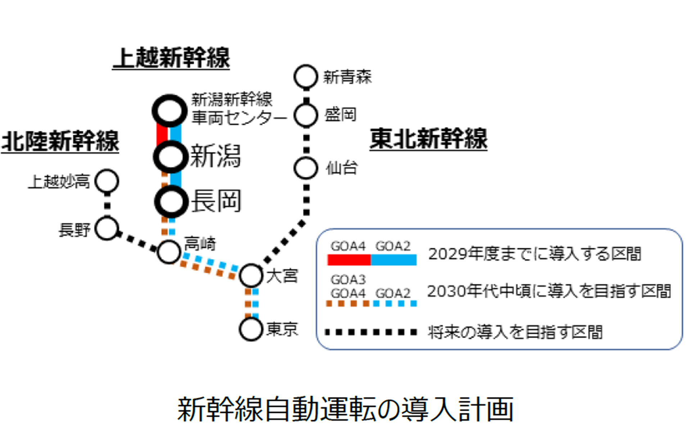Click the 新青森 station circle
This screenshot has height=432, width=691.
pos(306,77)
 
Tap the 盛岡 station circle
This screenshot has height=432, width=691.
pos(306,115)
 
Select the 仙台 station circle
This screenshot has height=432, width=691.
pos(306,168)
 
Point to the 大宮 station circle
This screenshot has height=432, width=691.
pos(251,276)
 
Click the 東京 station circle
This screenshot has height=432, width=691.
pos(251,329)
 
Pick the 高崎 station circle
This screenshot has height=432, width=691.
pos(169,251)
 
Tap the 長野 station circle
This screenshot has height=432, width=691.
pos(107,228)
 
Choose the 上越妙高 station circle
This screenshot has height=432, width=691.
pos(107,181)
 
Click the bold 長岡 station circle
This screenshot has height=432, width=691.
pos(172,201)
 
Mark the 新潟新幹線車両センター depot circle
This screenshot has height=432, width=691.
pos(169,111)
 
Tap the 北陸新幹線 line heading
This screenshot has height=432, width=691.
pos(60,141)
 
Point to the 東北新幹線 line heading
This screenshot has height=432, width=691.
pos(428,139)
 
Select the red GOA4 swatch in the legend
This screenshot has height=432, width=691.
pos(349,260)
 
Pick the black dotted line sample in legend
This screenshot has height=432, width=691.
pos(371,332)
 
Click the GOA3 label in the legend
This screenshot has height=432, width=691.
pos(348,279)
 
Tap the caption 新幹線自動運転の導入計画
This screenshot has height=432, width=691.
pos(345,409)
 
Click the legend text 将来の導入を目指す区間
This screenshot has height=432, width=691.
pos(515,332)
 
